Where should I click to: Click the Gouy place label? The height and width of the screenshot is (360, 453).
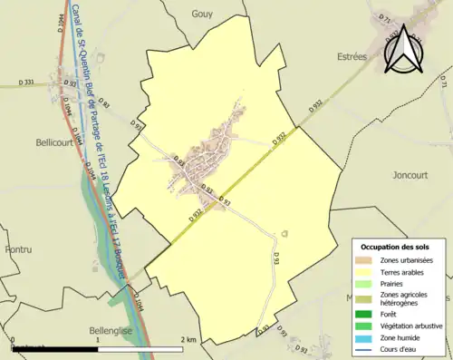[202, 14]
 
